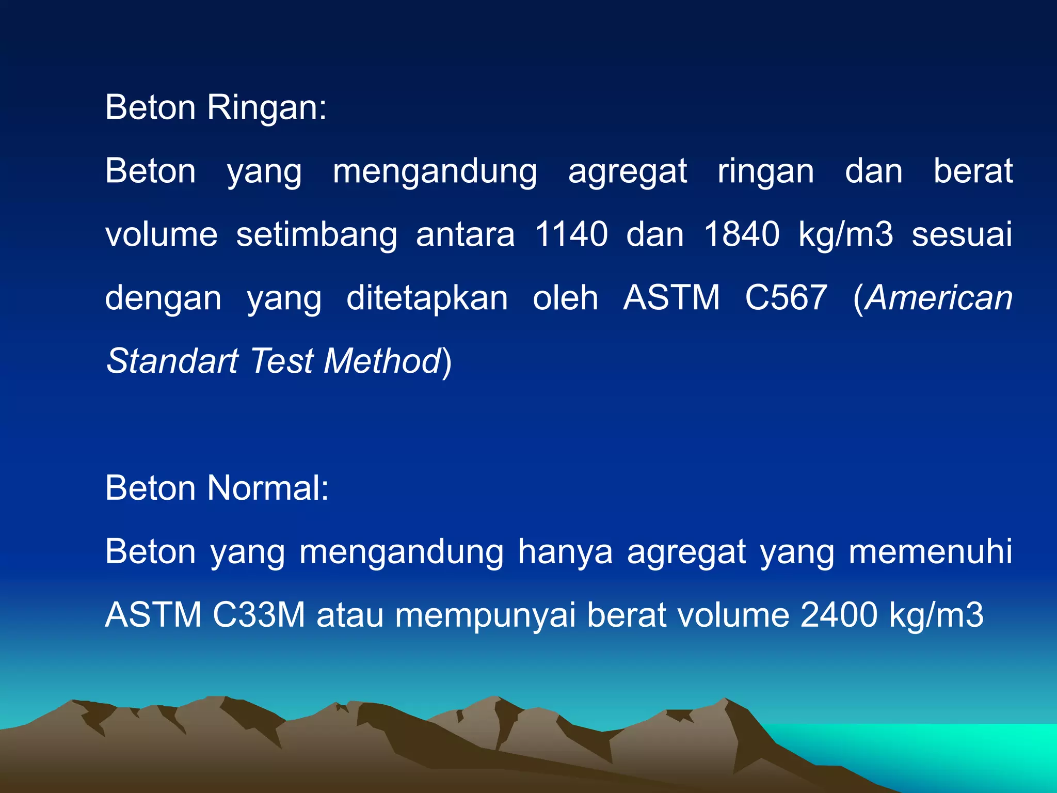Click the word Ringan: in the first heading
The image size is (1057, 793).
tap(267, 108)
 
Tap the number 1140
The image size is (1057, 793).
tap(571, 235)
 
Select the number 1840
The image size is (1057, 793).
tap(741, 235)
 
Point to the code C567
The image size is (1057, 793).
tap(786, 298)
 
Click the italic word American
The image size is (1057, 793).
tap(939, 298)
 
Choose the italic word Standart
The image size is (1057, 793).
tap(172, 361)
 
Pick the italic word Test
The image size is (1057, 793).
tap(282, 361)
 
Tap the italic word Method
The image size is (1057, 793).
tap(382, 361)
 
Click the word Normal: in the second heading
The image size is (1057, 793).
tap(268, 488)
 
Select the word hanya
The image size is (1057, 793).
tap(565, 552)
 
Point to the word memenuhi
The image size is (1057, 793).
tap(931, 551)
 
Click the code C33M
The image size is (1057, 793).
tap(259, 615)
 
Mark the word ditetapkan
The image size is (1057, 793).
tap(427, 298)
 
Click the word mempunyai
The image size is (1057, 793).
tap(485, 616)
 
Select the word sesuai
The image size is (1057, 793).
tap(962, 235)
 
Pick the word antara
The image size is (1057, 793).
tap(465, 235)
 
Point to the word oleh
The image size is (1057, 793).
tap(565, 298)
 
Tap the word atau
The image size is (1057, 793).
tap(350, 615)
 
